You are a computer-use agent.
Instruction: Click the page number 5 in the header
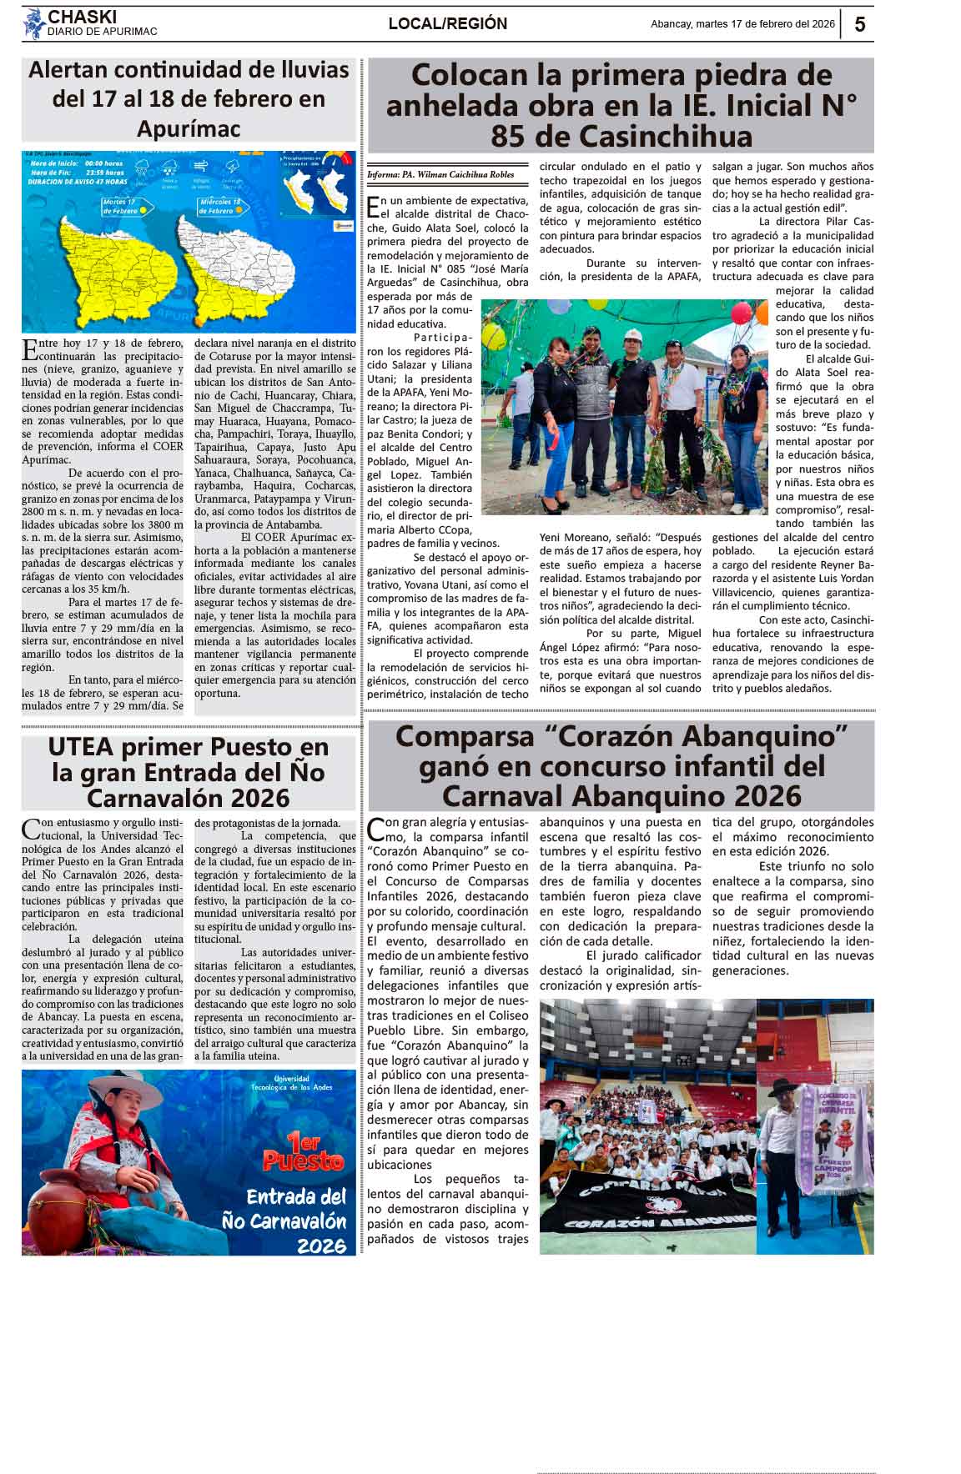[x=859, y=24]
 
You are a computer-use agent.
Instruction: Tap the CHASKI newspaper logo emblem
[x=33, y=23]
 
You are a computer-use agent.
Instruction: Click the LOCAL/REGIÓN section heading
[x=447, y=24]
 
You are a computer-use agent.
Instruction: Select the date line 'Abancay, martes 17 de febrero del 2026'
[x=742, y=24]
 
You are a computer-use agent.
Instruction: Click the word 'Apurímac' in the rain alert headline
[x=189, y=129]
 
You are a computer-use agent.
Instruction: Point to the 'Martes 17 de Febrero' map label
[x=120, y=206]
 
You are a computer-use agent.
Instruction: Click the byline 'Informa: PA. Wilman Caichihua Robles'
[x=440, y=175]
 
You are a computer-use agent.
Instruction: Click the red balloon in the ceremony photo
[x=740, y=313]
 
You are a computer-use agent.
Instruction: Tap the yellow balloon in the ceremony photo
[x=495, y=336]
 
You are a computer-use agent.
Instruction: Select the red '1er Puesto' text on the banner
[x=303, y=1152]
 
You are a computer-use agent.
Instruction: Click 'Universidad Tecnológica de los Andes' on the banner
[x=291, y=1083]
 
